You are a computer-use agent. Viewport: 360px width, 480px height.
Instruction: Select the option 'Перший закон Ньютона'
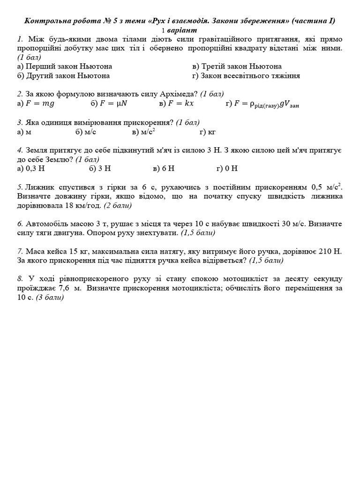click(68, 67)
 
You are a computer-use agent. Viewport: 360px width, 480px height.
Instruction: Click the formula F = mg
click(40, 104)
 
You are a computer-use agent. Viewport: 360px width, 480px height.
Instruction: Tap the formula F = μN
click(115, 104)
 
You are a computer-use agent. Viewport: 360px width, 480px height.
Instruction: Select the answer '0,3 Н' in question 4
click(34, 168)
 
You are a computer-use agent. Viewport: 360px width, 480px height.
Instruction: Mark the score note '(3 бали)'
click(50, 297)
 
